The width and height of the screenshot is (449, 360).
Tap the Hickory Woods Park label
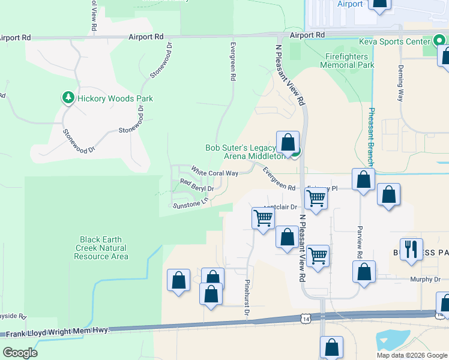115,98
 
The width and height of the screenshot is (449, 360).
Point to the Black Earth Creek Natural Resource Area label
101,248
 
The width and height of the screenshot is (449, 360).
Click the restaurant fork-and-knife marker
411,248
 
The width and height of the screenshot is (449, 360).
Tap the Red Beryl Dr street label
197,185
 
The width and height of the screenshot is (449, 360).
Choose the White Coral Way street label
215,172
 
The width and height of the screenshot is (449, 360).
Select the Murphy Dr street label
426,279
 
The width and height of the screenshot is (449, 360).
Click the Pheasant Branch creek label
372,137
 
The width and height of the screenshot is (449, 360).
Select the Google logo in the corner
20,352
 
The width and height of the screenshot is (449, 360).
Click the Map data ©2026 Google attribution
412,355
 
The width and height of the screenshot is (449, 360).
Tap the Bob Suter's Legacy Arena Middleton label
243,152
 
